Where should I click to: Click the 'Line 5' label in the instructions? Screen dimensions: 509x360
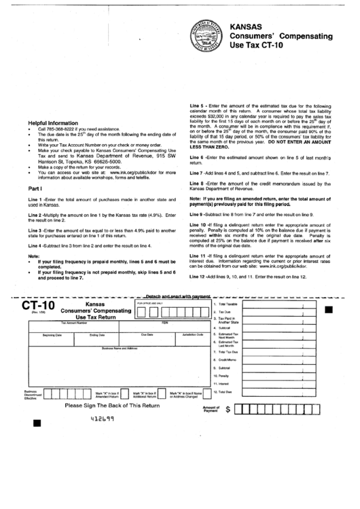pyautogui.click(x=198, y=107)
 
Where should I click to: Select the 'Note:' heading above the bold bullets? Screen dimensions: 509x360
pyautogui.click(x=34, y=256)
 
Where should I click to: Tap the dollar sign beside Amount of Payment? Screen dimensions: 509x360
pyautogui.click(x=228, y=410)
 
